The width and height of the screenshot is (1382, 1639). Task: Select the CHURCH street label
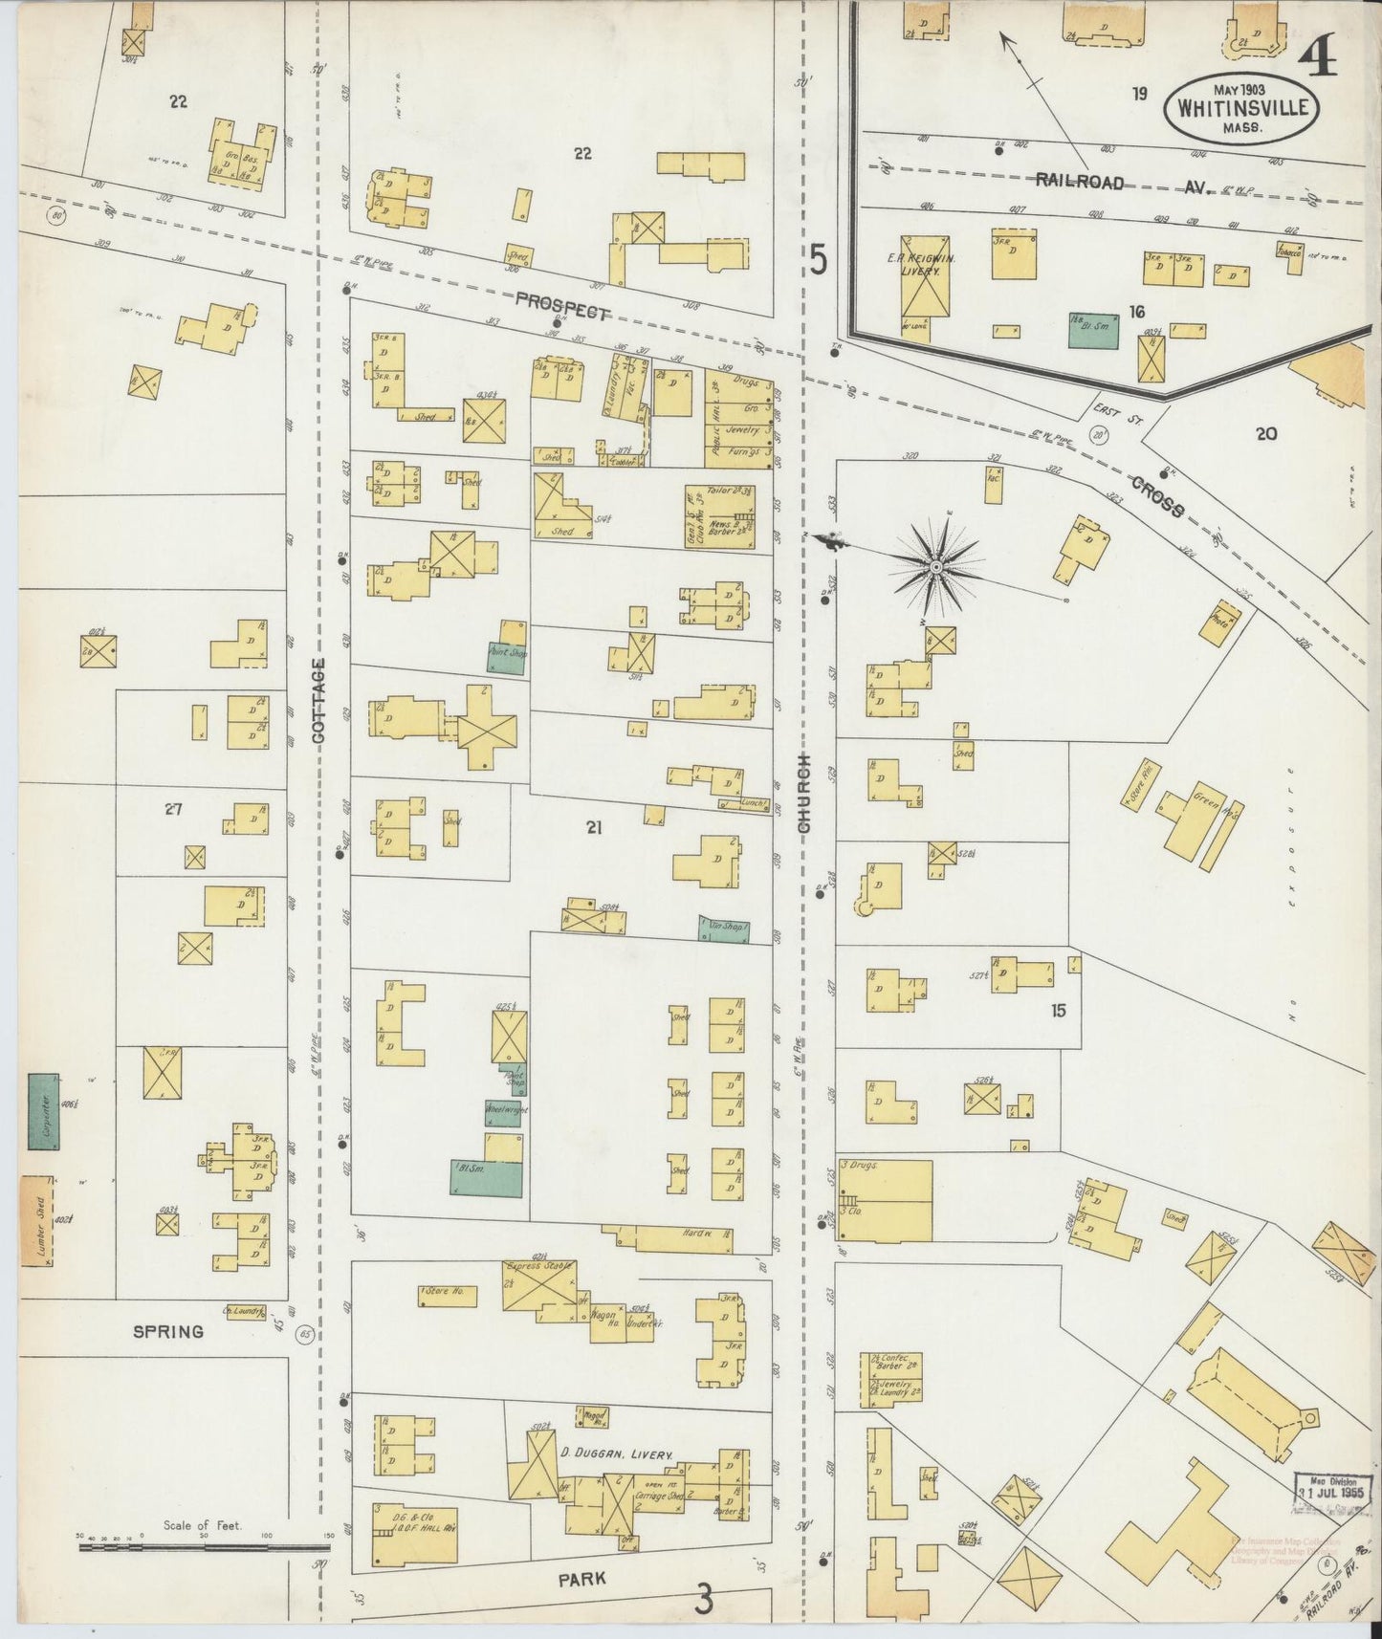pyautogui.click(x=804, y=792)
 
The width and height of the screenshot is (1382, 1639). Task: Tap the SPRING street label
pyautogui.click(x=168, y=1331)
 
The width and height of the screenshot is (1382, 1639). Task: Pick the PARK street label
pyautogui.click(x=581, y=1579)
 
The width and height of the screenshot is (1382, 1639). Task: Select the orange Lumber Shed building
pyautogui.click(x=36, y=1220)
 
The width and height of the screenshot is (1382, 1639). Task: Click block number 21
pyautogui.click(x=593, y=828)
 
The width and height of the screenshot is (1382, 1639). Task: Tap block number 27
pyautogui.click(x=172, y=809)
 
